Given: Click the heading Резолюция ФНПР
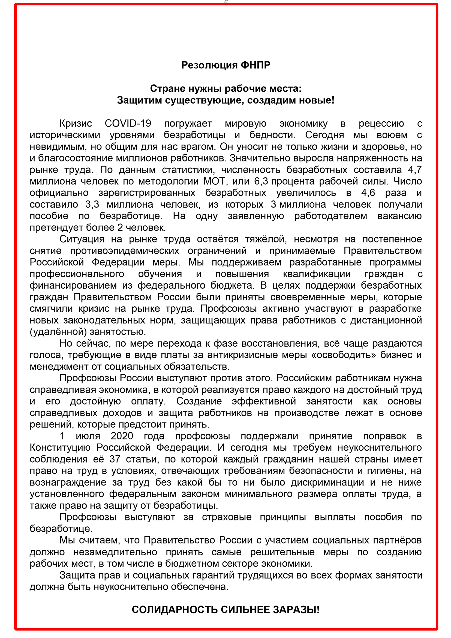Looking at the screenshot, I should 225,65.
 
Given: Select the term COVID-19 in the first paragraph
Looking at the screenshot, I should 128,123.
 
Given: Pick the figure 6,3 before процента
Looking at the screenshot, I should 261,181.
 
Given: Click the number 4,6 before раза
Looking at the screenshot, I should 368,193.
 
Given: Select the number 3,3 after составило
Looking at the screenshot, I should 92,205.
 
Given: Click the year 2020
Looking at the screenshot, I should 122,436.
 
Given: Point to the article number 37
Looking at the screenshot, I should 115,459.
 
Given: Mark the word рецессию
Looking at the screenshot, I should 381,123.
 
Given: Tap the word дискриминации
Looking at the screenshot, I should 327,483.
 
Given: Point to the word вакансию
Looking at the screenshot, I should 400,216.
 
